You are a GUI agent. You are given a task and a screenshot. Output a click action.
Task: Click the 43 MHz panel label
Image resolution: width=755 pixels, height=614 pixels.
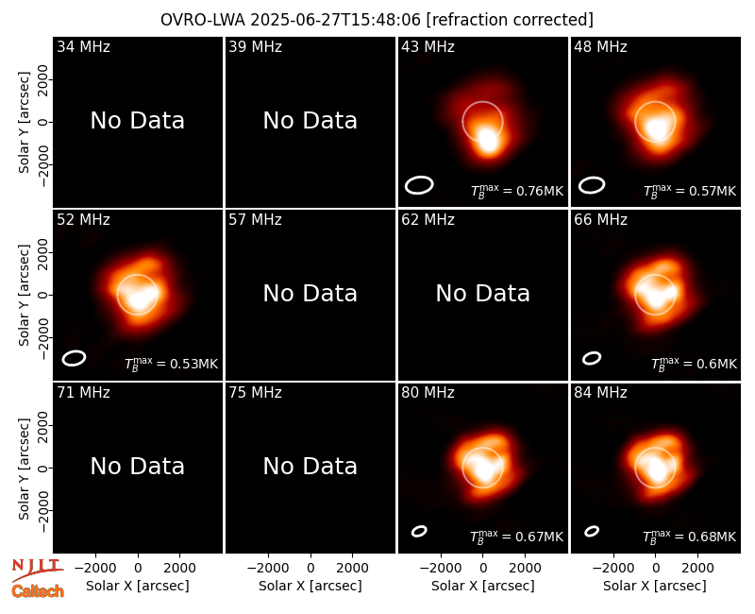click(428, 46)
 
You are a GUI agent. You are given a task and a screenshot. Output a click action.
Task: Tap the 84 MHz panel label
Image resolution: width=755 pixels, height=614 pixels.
click(600, 393)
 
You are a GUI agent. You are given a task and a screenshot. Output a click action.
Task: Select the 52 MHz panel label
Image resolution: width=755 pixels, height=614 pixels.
click(83, 220)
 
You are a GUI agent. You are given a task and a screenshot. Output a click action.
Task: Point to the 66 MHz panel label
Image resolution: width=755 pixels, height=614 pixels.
click(600, 220)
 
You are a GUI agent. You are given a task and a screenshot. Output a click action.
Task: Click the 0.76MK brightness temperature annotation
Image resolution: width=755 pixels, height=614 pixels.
click(516, 191)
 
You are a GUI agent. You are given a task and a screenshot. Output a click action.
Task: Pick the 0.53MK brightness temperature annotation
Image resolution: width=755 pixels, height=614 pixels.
click(172, 364)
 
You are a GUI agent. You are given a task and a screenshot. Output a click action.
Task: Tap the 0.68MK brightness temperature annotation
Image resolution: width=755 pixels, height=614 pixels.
click(690, 537)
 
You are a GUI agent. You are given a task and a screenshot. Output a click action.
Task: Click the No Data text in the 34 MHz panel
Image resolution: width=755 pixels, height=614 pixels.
click(137, 121)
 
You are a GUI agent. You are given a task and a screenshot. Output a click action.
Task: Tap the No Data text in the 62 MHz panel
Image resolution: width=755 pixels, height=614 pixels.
click(482, 293)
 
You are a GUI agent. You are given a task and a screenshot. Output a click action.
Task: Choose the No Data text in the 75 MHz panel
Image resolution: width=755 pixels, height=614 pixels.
click(310, 466)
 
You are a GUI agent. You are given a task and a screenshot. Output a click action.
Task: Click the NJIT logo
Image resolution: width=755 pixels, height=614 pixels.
click(36, 568)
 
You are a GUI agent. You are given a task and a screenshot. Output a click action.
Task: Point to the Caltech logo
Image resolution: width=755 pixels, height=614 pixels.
click(38, 591)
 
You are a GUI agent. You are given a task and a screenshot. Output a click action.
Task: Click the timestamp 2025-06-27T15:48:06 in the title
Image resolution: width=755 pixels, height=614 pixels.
click(336, 20)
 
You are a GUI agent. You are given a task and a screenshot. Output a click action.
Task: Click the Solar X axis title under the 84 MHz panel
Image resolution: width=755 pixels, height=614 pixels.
click(655, 586)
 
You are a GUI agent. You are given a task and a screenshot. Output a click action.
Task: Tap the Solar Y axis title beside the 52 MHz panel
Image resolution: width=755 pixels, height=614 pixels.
click(25, 295)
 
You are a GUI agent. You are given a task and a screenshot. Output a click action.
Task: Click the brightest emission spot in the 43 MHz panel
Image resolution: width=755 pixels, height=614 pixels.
click(488, 139)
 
